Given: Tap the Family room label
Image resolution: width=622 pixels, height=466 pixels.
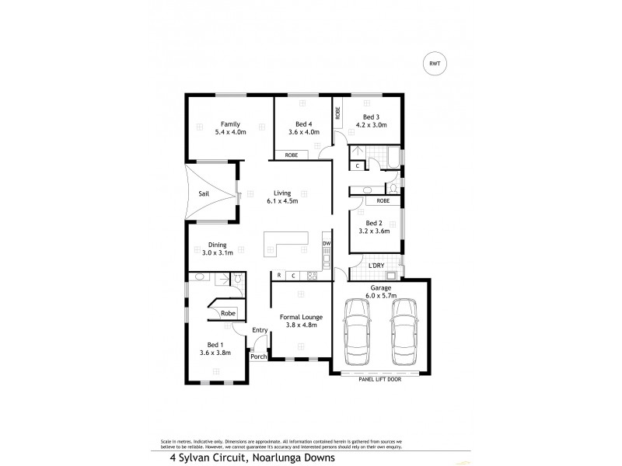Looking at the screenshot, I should pos(229,124).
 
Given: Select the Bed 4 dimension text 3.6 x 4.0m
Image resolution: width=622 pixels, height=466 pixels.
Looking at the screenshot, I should pos(303,133).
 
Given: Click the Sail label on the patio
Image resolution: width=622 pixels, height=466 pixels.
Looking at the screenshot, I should pos(203,194).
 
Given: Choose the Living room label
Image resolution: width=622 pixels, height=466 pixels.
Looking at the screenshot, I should pos(281,193).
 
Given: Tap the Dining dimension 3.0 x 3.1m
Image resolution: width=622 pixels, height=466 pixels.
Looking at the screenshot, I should pos(211,253).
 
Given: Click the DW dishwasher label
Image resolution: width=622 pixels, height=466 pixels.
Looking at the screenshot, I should pos(327,244).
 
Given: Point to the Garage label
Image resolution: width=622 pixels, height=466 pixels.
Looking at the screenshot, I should pos(381,287).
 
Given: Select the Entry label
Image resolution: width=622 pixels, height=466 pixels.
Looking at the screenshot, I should pos(260,330).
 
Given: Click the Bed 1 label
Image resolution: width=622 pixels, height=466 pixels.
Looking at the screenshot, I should pos(215,344).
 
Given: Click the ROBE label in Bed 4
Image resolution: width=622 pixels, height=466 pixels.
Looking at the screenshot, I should pos(291,155).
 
